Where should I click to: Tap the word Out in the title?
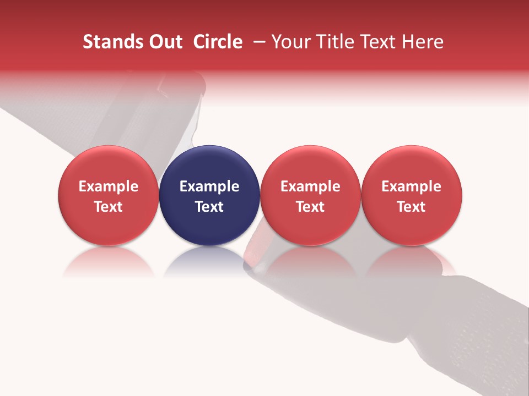click(x=165, y=42)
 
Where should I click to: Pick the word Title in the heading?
click(x=333, y=42)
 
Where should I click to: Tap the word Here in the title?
click(x=422, y=42)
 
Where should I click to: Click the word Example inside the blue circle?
click(x=209, y=186)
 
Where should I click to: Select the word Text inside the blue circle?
click(x=209, y=207)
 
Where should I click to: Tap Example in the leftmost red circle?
click(x=109, y=186)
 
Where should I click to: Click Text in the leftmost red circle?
click(x=109, y=207)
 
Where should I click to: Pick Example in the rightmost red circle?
click(x=412, y=186)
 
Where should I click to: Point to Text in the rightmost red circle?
click(x=412, y=207)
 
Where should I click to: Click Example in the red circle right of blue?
click(x=310, y=186)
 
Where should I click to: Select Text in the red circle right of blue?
click(x=310, y=207)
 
